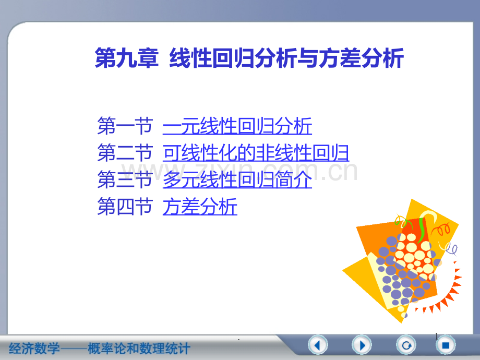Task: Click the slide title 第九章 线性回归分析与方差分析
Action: [249, 58]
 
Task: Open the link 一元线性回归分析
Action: [237, 126]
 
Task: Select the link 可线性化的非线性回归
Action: [256, 153]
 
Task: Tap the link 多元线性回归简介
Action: [237, 181]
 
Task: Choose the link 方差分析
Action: [200, 208]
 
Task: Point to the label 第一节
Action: [125, 126]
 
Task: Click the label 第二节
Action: [125, 153]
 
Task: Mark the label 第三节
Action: [125, 181]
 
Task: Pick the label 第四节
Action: [125, 208]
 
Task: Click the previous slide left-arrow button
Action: [318, 345]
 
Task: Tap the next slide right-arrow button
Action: [362, 345]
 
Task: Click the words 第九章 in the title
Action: [126, 58]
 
